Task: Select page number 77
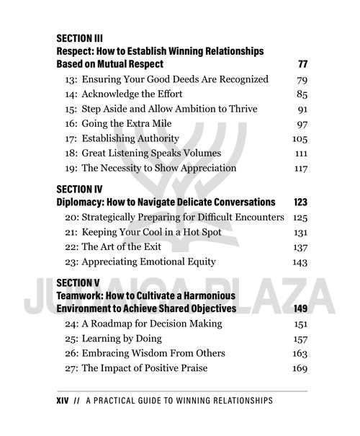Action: click(x=302, y=65)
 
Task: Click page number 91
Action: click(x=302, y=109)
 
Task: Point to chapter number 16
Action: click(x=71, y=123)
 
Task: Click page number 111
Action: click(x=301, y=154)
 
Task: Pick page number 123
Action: click(x=300, y=202)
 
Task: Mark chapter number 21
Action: click(x=71, y=232)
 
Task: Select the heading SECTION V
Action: click(x=78, y=282)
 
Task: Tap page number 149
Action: click(x=300, y=308)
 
